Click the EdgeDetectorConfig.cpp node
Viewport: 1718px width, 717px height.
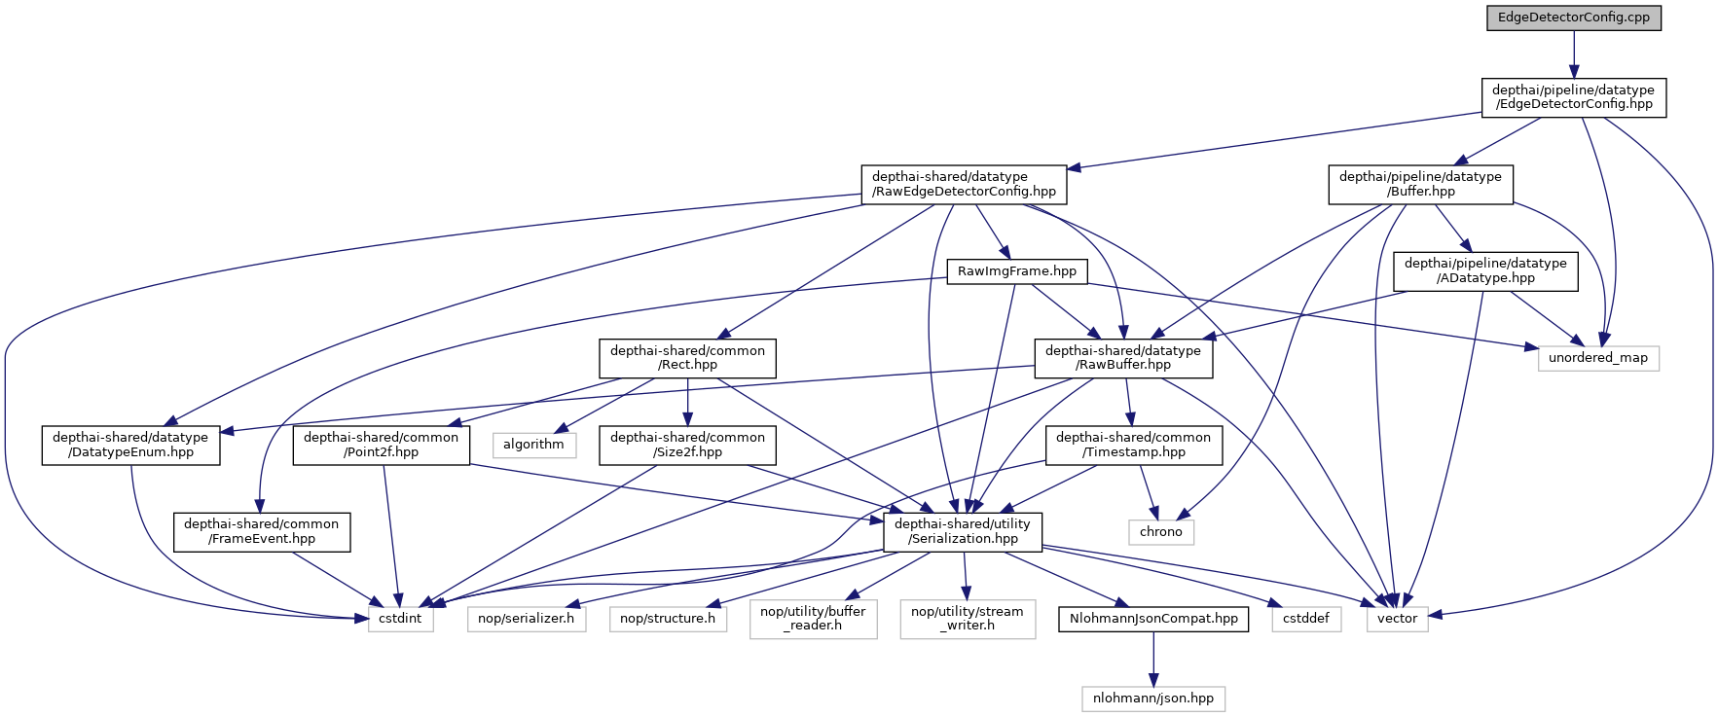tap(1573, 18)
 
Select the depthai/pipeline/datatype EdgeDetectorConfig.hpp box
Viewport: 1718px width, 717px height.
tap(1573, 97)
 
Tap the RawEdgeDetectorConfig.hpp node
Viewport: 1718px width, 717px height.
tap(964, 184)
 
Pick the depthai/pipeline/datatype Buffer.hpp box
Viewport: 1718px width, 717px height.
tap(1421, 184)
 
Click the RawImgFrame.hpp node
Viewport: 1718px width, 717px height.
tap(1017, 271)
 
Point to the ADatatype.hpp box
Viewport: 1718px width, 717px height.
tap(1485, 270)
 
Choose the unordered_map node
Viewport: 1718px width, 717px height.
tap(1598, 358)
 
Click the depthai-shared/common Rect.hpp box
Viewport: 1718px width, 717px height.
tap(687, 358)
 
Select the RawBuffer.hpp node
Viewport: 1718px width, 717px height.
tap(1123, 358)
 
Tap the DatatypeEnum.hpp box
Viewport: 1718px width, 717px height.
tap(130, 445)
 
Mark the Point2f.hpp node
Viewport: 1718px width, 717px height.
tap(381, 445)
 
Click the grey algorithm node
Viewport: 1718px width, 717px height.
tap(533, 445)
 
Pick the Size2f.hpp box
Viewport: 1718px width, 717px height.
tap(687, 445)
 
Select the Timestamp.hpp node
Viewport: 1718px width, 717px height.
tap(1133, 445)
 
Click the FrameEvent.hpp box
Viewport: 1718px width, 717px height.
tap(262, 531)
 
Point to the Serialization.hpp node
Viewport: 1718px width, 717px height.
tap(963, 531)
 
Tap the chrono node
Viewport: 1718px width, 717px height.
tap(1161, 532)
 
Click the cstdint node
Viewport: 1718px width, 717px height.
tap(401, 619)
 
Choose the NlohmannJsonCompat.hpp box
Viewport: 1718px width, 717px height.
tap(1153, 619)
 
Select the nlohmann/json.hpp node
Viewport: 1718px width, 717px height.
tap(1153, 699)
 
